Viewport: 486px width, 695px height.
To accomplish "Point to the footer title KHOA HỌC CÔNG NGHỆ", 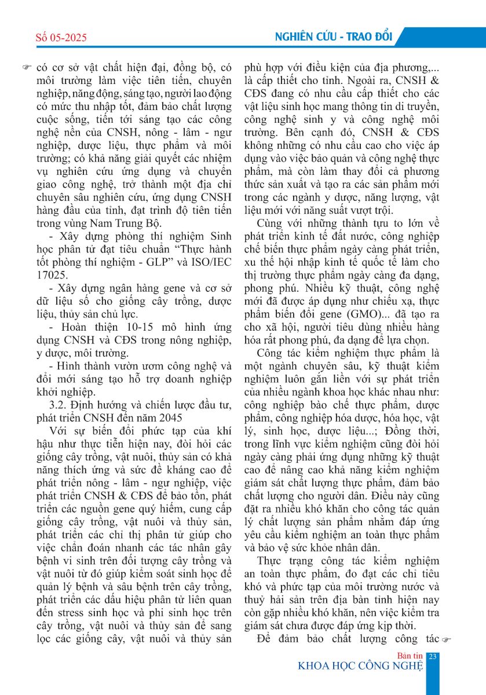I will [360, 666].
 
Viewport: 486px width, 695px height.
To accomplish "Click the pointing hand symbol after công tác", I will [445, 639].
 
